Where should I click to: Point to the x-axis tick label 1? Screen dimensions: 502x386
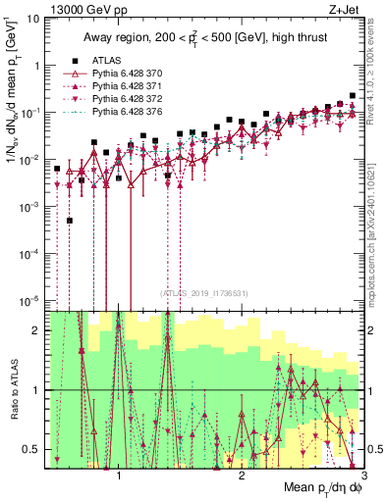pyautogui.click(x=119, y=477)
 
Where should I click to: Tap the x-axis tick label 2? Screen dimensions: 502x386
pyautogui.click(x=242, y=477)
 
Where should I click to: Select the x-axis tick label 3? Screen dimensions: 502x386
pyautogui.click(x=351, y=477)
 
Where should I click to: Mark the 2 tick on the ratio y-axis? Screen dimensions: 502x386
pyautogui.click(x=37, y=330)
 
